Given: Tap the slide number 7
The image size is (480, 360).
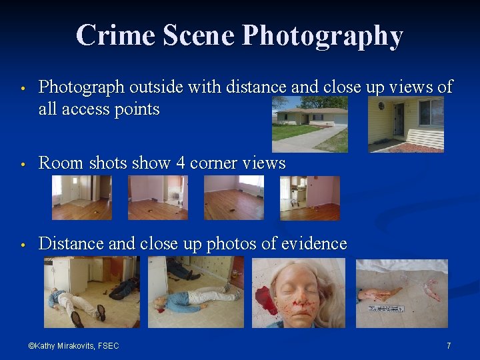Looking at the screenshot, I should [449, 345].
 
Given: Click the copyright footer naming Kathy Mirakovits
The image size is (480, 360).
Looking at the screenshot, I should [73, 345].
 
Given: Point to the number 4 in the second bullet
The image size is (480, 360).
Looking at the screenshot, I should [181, 163].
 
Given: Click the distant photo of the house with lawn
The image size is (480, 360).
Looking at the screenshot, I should [310, 124].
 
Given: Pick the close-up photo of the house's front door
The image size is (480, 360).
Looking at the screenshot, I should [406, 124].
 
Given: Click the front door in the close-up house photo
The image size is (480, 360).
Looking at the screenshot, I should [399, 120].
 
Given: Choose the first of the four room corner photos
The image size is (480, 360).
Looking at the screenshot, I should [82, 198].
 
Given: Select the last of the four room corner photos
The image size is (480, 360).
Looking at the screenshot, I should [310, 198].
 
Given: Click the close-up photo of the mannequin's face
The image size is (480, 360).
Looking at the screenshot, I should [299, 293].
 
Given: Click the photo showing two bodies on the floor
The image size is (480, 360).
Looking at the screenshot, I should [92, 293].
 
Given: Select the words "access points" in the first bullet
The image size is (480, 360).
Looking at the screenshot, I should [116, 109].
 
